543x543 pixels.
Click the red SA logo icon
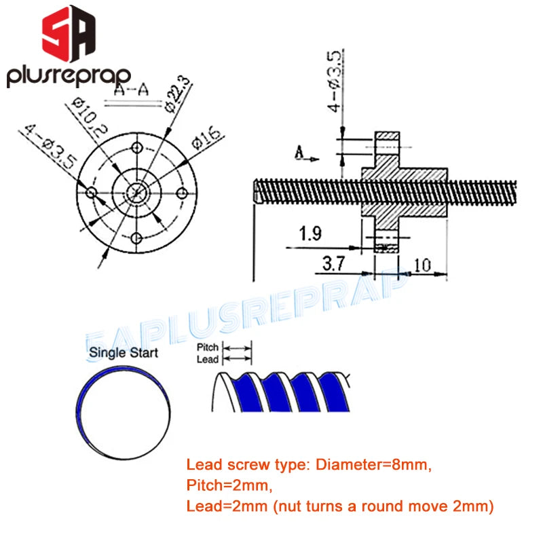[x=69, y=35]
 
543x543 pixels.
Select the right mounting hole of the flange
[x=182, y=193]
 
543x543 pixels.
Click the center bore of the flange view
[x=138, y=193]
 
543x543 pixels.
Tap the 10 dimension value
[x=422, y=265]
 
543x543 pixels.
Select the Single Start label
[x=124, y=352]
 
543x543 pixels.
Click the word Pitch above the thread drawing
[x=208, y=348]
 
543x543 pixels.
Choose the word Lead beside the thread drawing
[x=208, y=359]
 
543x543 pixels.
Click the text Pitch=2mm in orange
[x=219, y=485]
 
